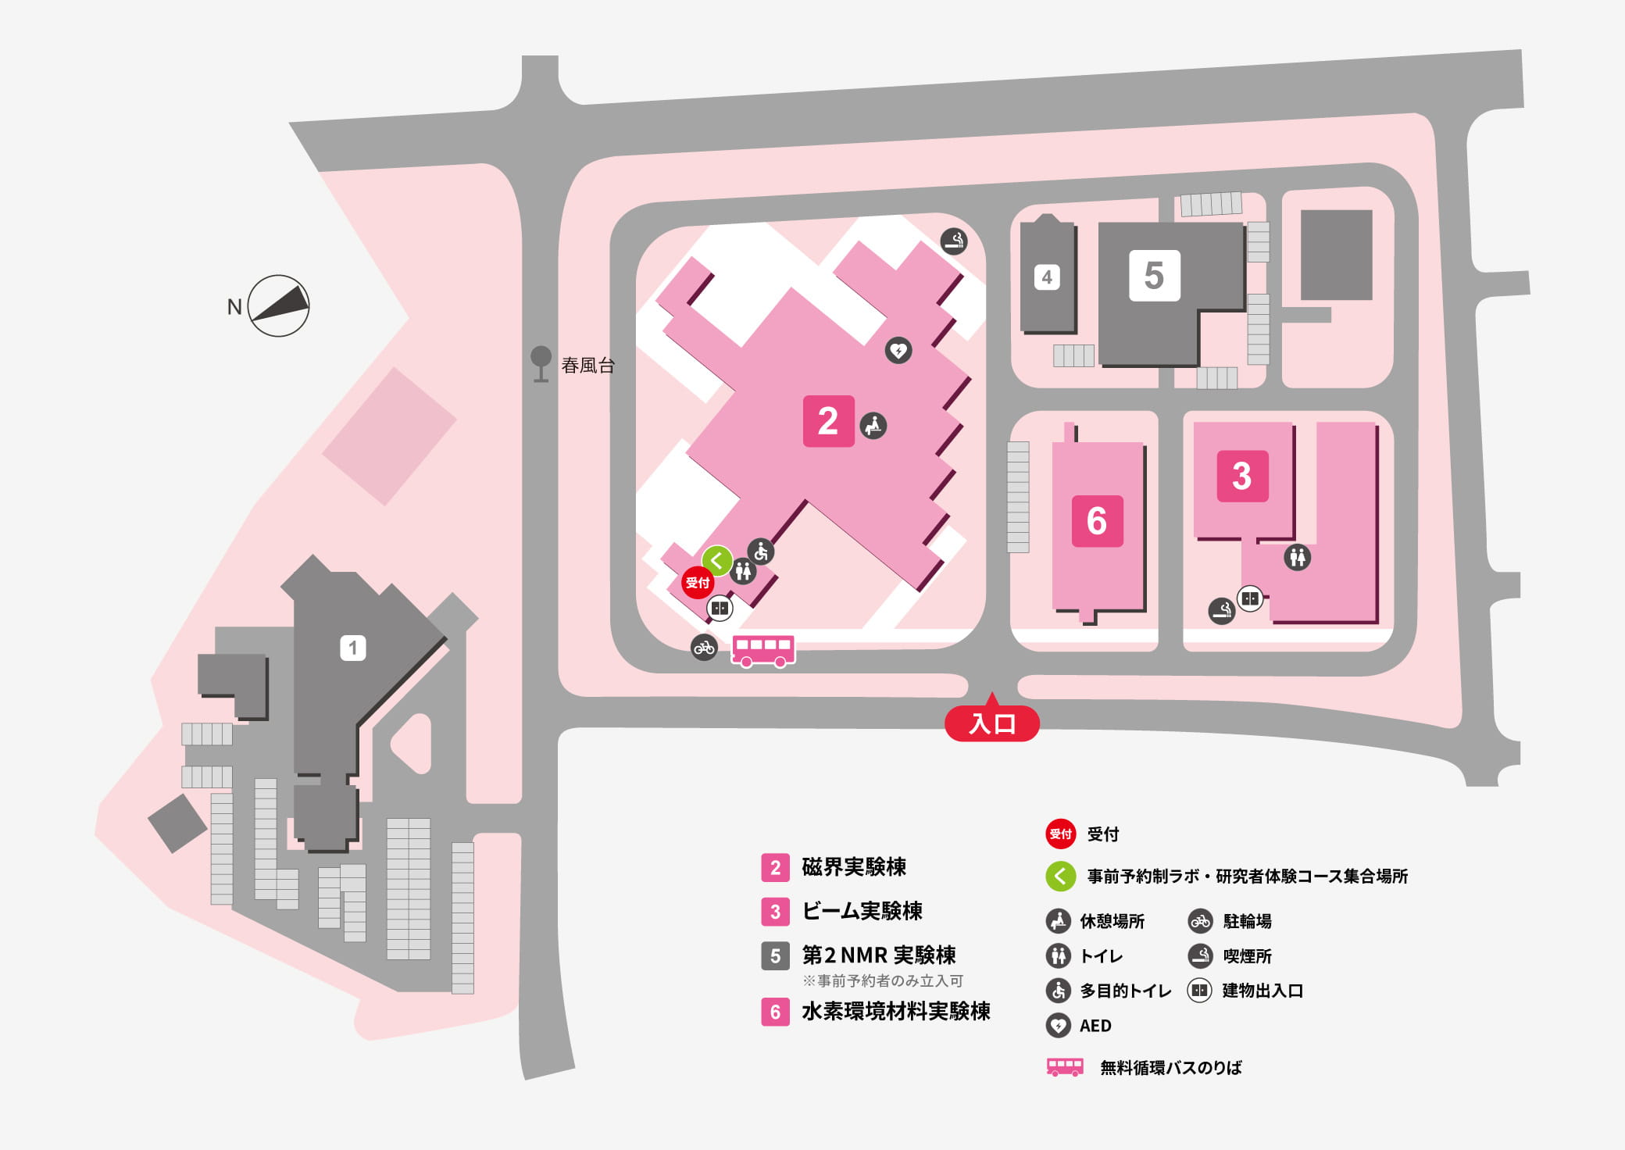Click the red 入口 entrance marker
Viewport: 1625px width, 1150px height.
(991, 723)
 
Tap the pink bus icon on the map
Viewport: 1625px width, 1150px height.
(762, 651)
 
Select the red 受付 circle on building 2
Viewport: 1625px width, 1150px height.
(697, 583)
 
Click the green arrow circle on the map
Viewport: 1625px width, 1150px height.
(716, 560)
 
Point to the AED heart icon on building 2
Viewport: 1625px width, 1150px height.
(898, 350)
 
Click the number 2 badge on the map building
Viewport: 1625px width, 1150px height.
(828, 421)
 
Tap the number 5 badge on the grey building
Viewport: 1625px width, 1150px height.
(1154, 276)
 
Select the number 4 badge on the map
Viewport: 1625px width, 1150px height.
(1047, 277)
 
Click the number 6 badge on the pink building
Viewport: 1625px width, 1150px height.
(1097, 520)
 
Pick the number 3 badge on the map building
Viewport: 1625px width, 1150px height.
(1242, 476)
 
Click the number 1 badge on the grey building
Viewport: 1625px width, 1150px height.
(352, 648)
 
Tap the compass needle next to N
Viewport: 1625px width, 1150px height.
(279, 305)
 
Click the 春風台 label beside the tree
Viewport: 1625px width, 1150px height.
(587, 366)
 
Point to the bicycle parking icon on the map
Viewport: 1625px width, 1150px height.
(704, 647)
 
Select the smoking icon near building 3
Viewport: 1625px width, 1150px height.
(1222, 610)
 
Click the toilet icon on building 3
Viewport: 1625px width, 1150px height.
(1298, 558)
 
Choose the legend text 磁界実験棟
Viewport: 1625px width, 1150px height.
(854, 867)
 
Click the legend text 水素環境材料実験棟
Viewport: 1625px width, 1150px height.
(895, 1012)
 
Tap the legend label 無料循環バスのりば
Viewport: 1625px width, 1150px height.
(1170, 1068)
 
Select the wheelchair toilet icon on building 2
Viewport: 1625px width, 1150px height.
(761, 552)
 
